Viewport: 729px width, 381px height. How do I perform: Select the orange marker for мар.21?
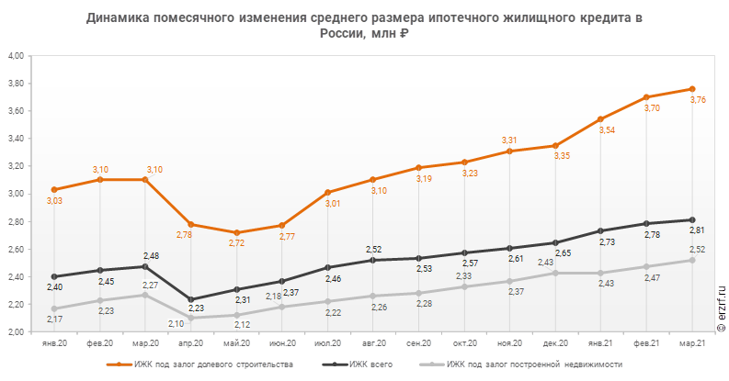pos(691,89)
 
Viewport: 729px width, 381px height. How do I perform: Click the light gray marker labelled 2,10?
pos(190,318)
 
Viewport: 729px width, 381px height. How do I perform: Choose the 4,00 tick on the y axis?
pos(17,56)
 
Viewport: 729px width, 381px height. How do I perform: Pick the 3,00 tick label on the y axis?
pos(17,194)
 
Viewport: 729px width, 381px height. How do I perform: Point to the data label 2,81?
pos(698,230)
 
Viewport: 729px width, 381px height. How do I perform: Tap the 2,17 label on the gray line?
pos(56,319)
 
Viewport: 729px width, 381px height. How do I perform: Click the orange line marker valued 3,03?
pos(54,189)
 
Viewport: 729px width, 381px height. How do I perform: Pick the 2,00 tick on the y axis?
pos(17,331)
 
